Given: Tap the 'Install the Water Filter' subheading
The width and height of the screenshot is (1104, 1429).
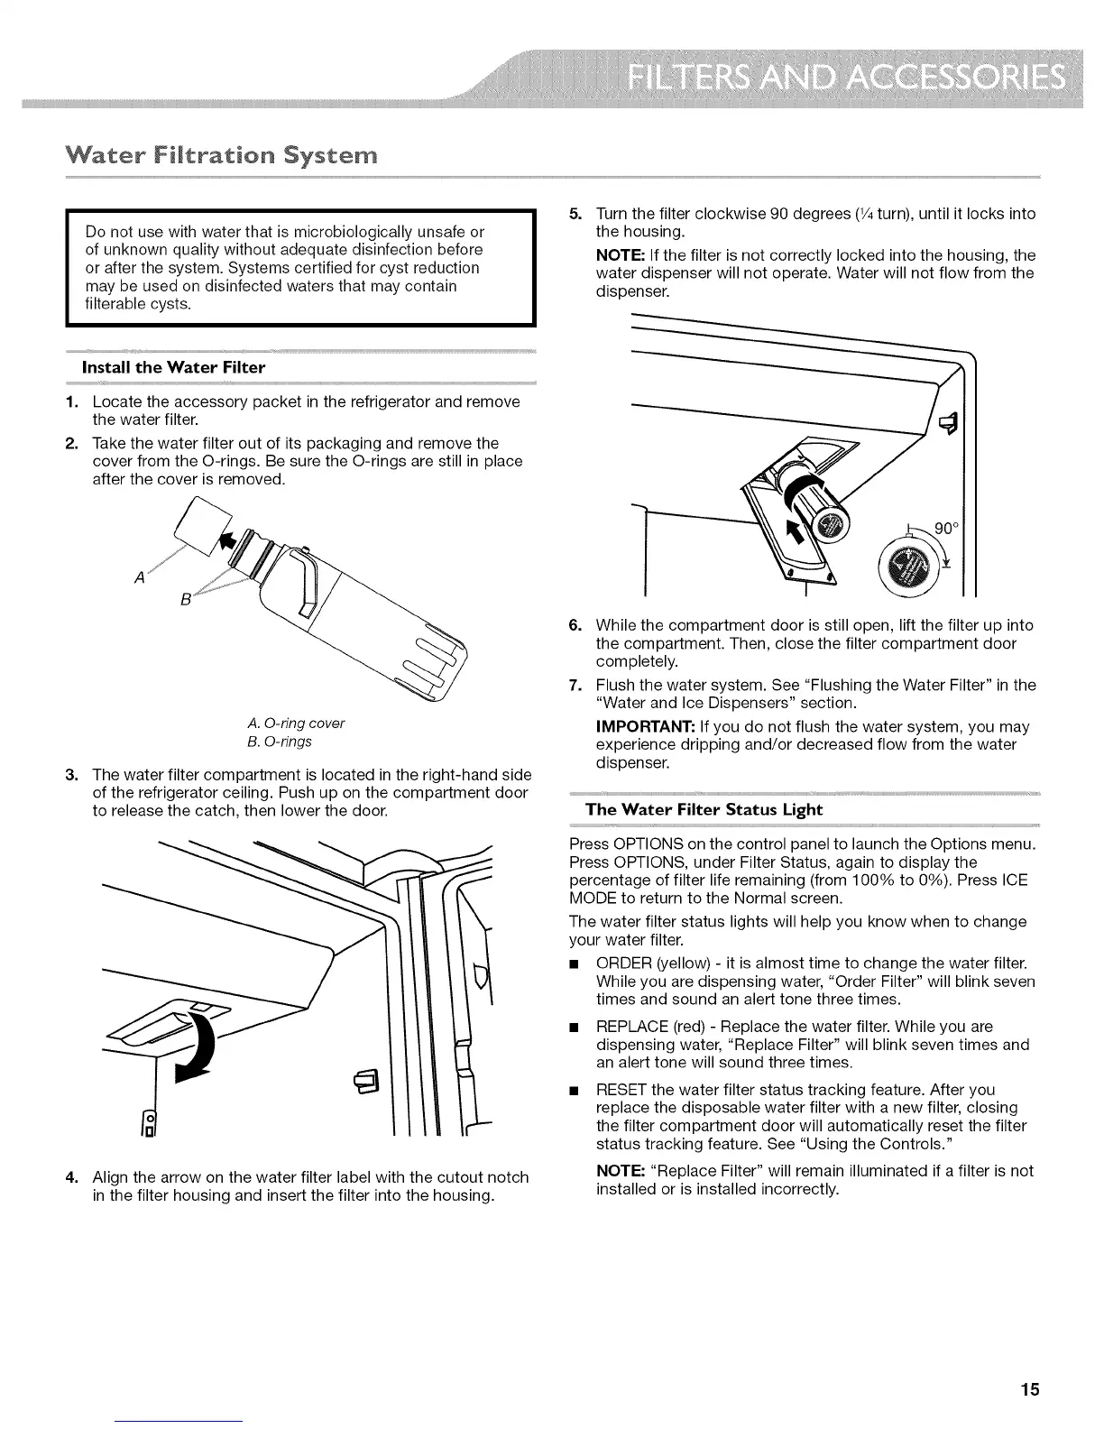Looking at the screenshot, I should pos(173,367).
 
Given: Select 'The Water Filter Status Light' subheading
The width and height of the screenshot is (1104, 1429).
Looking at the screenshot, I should pos(704,809).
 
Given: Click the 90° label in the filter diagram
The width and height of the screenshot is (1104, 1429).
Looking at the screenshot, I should pos(943,529).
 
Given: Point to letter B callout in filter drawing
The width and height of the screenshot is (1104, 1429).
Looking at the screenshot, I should pos(185,600).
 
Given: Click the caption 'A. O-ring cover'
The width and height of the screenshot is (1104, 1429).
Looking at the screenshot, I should pos(295,724).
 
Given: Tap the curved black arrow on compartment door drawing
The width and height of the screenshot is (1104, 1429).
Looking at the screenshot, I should pos(200,1042).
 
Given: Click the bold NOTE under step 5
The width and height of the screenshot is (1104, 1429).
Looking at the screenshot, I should pos(618,255).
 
